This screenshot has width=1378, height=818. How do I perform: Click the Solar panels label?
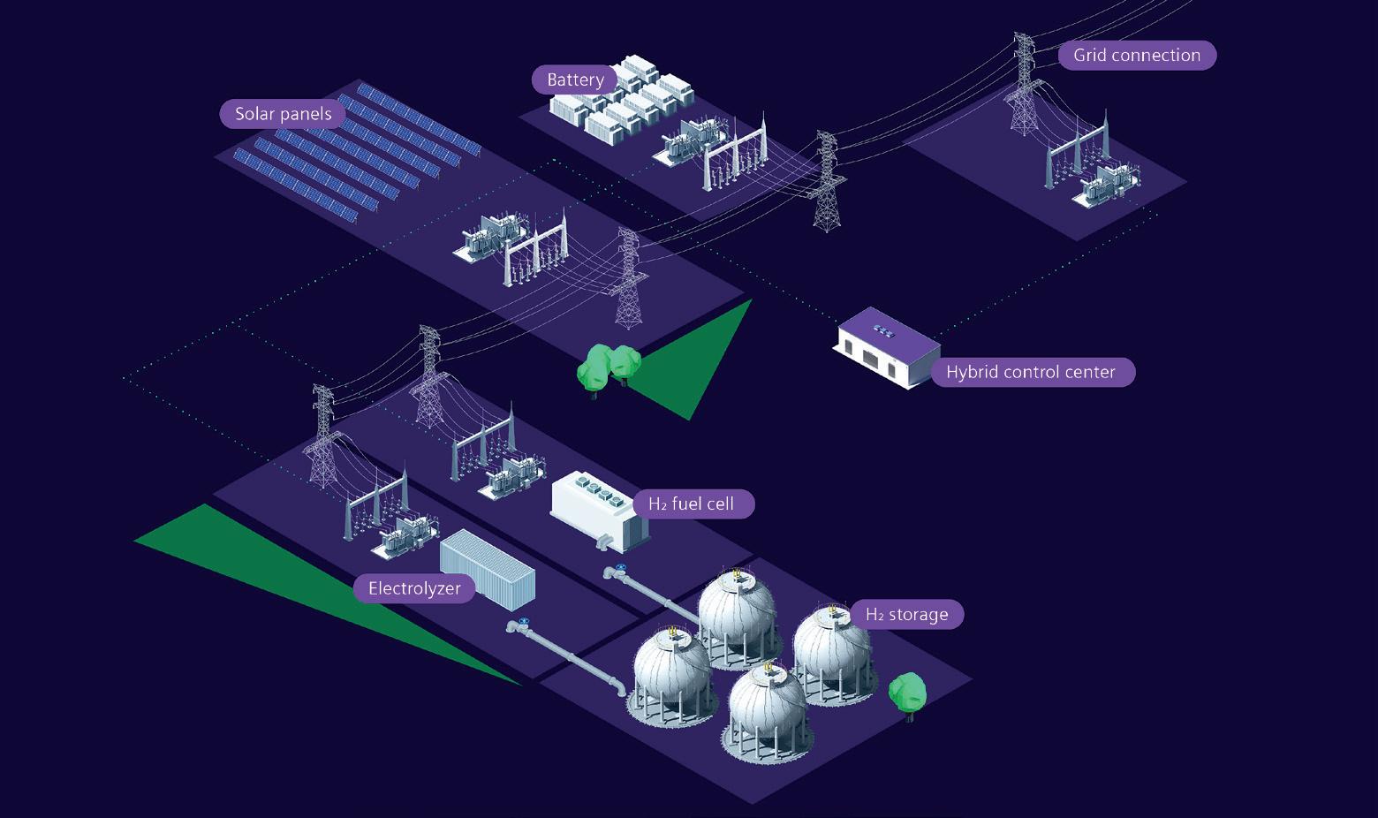coord(283,114)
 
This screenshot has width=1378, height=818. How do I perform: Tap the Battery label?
coord(575,80)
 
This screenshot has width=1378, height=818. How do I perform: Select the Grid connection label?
coord(1137,55)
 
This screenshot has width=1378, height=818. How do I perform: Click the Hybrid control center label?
coord(1031,372)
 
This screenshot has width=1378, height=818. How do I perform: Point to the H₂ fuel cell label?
coord(692,504)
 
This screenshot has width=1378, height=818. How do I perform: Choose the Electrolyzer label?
coord(414,588)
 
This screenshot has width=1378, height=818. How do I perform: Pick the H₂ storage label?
coord(906,615)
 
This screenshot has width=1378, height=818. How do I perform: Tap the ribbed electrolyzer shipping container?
coord(488,570)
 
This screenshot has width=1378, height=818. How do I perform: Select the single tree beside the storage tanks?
coord(907,693)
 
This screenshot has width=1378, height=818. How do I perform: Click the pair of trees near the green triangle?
coord(609,365)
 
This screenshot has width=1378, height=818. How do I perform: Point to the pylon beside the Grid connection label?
coord(1025,84)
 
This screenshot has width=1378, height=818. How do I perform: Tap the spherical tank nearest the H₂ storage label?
coord(830,654)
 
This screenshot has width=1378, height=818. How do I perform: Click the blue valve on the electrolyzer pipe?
coord(525,622)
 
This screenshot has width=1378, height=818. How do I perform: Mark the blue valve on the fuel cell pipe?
coord(621,568)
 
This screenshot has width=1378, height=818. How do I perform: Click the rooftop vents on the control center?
coord(882,329)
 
